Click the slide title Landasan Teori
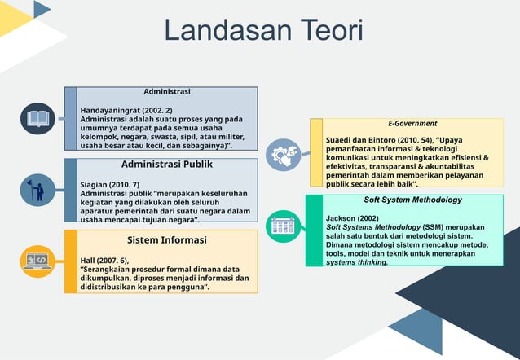(263, 31)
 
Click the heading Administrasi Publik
(167, 165)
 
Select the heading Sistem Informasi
(167, 240)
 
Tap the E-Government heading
(412, 123)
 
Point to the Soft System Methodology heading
(412, 200)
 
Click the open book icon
(37, 118)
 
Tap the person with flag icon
(37, 189)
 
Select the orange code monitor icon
(37, 260)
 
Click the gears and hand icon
(284, 154)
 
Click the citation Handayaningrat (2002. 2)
(126, 109)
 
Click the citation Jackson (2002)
(352, 218)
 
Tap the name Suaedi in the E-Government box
(341, 139)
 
